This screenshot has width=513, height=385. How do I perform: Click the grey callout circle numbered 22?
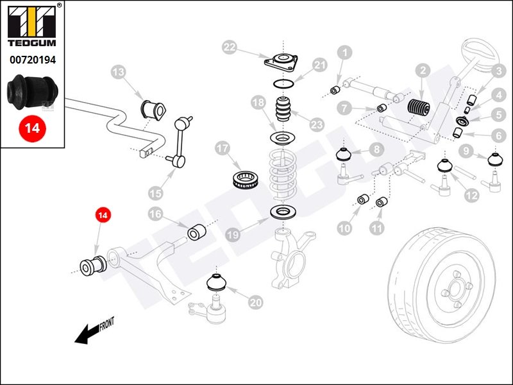[230, 47]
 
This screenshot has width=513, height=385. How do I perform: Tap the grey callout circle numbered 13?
[118, 73]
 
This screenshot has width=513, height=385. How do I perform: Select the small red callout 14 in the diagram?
[102, 216]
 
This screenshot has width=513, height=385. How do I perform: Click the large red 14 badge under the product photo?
[32, 128]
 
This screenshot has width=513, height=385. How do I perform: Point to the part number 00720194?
[32, 60]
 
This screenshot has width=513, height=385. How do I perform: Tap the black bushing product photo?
[32, 91]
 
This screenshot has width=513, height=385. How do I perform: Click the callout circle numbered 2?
[423, 71]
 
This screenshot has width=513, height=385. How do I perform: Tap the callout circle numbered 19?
[232, 235]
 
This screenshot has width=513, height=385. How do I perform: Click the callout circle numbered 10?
[345, 228]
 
